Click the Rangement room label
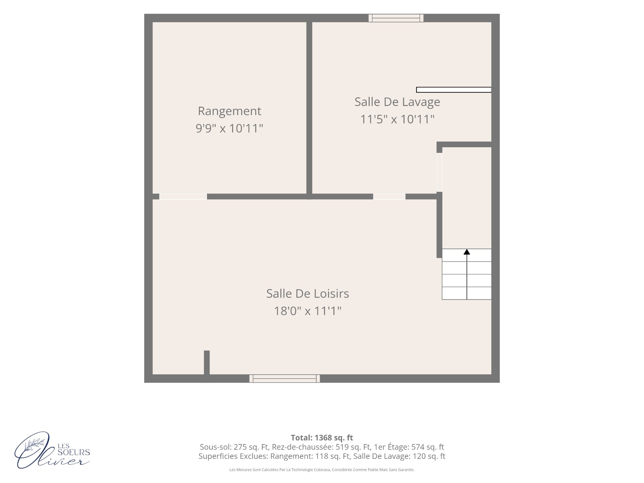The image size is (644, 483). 229,111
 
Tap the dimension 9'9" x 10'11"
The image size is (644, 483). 229,128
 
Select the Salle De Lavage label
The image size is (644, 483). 397,102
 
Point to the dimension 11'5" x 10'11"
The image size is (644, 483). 397,119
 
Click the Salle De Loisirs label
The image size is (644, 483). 308,293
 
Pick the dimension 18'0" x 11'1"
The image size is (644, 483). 308,311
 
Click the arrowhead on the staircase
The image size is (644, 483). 467,252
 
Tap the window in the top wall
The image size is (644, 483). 396,18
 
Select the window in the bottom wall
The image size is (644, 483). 284,378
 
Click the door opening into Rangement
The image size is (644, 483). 183,197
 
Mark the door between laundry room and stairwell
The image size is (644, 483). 439,172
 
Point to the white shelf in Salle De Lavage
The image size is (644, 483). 454,90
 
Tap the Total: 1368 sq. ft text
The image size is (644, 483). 322,438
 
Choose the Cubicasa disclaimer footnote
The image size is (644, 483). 322,470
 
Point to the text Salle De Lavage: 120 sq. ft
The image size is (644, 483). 399,456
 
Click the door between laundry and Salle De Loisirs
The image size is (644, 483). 389,197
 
